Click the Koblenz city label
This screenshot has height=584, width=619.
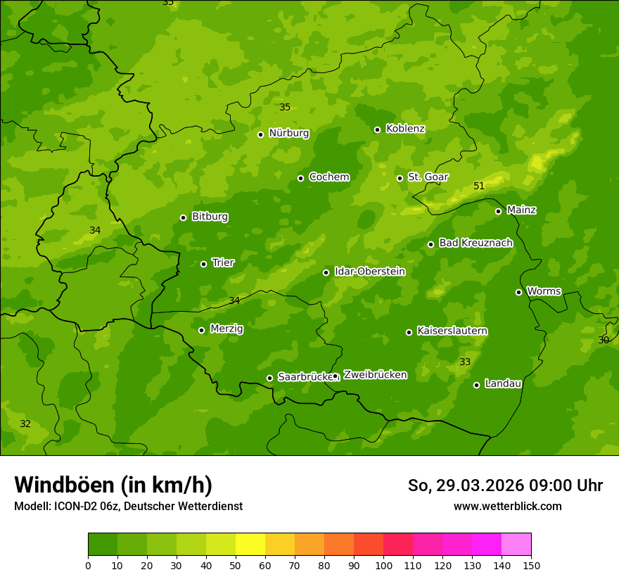(x=405, y=129)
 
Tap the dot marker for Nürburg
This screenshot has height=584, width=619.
(x=260, y=134)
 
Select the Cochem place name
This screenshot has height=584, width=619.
(x=328, y=177)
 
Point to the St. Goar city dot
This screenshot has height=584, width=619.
(x=400, y=178)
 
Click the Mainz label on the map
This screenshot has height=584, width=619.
(x=521, y=210)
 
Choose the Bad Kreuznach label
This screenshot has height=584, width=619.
(x=476, y=243)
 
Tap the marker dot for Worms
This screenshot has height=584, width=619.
(x=518, y=292)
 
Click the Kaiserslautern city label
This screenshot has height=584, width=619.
(x=452, y=331)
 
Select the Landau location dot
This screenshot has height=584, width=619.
(x=476, y=385)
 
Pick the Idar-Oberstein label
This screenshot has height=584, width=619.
(x=369, y=272)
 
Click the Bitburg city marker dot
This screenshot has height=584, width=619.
(x=183, y=217)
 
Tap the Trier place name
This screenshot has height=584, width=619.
(x=223, y=263)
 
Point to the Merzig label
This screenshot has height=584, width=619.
(x=226, y=329)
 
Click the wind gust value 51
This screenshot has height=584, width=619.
(x=479, y=186)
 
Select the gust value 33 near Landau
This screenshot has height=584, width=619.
(x=465, y=362)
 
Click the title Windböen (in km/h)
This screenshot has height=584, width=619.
(x=113, y=485)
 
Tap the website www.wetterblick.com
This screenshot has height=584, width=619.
(x=507, y=506)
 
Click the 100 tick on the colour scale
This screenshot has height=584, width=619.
(x=383, y=565)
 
